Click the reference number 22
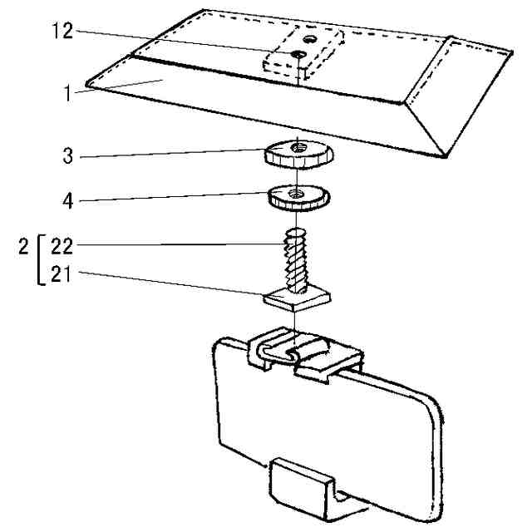tap(62, 245)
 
